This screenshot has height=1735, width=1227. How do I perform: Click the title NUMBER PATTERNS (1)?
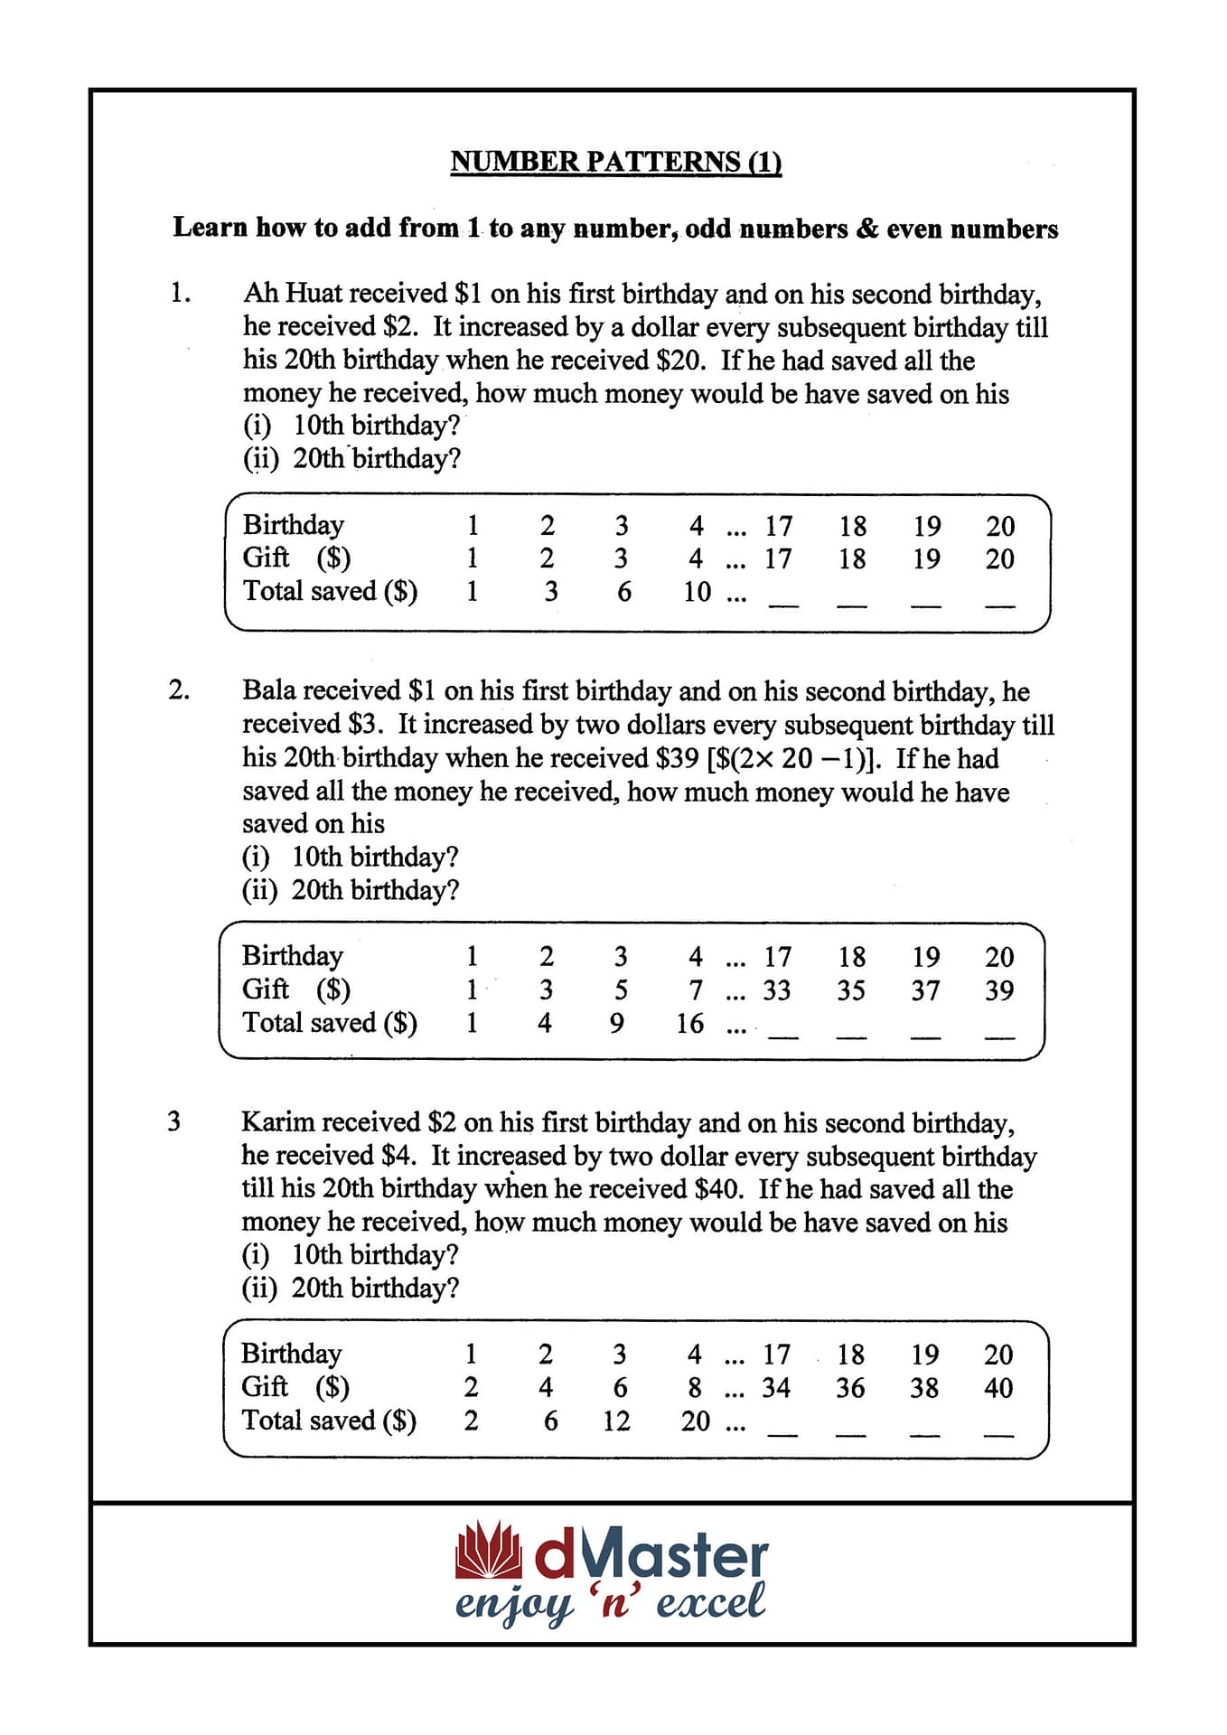[x=615, y=162]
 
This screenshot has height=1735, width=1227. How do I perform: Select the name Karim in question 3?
[x=277, y=1122]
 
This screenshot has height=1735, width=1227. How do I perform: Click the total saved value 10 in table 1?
[x=697, y=592]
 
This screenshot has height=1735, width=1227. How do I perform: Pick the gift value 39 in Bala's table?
[x=998, y=990]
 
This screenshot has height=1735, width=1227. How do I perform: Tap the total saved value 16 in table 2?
[x=689, y=1024]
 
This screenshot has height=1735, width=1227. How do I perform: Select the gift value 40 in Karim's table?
[x=998, y=1388]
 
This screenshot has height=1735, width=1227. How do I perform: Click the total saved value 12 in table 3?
[x=616, y=1421]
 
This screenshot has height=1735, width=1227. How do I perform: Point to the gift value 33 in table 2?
[x=776, y=990]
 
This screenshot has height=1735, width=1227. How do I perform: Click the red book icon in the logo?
[x=488, y=1551]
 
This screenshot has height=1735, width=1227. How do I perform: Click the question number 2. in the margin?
[x=179, y=690]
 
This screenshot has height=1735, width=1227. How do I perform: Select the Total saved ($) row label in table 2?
[x=330, y=1023]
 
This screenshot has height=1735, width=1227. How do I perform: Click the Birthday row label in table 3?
[x=292, y=1354]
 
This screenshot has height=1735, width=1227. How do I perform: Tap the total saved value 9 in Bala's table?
[x=617, y=1024]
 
